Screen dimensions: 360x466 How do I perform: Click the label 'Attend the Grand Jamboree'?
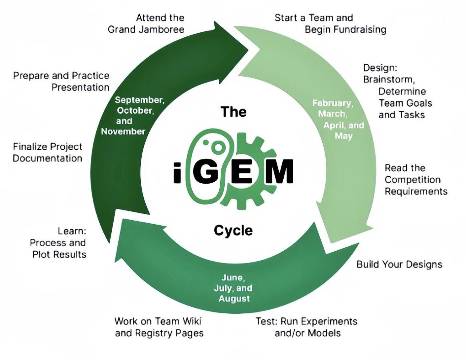(146, 24)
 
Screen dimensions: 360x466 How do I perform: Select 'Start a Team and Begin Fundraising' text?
(330, 24)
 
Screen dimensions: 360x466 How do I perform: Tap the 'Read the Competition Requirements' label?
(416, 180)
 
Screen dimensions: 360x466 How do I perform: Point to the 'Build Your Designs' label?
(399, 264)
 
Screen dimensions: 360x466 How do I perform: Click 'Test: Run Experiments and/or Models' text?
(307, 327)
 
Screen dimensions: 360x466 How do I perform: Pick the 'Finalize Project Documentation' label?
(47, 152)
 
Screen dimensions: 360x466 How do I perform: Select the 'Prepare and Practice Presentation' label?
(61, 81)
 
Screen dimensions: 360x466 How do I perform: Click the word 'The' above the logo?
(233, 112)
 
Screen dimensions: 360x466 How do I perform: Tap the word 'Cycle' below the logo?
(233, 231)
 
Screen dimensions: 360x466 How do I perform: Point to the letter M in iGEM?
(279, 172)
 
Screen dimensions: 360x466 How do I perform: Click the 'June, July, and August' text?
(233, 288)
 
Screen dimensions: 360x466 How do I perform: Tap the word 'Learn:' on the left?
(72, 231)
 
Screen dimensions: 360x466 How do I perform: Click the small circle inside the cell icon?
(218, 147)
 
